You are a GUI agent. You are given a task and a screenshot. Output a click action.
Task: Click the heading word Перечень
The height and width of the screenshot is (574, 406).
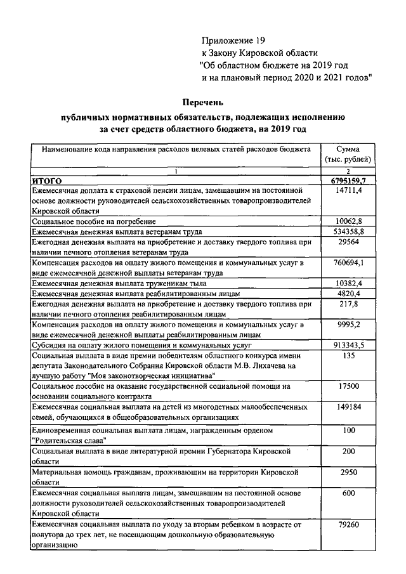pos(202,101)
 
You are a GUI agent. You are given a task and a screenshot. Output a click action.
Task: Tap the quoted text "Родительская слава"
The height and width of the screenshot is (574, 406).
pos(69,440)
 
